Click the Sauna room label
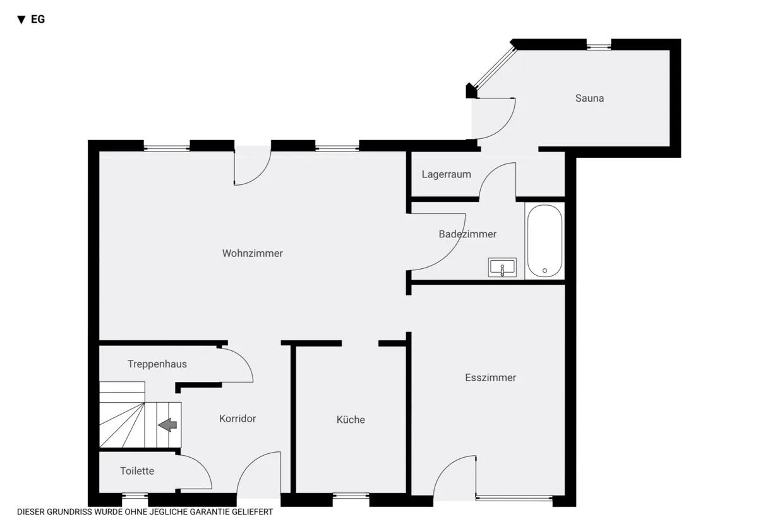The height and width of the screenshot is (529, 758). coord(589,98)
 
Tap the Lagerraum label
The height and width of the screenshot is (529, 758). coord(447,174)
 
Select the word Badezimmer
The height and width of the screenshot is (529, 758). coord(467,234)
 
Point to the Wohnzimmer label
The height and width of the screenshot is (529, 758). coord(253,253)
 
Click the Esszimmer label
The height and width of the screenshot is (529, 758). coord(490,377)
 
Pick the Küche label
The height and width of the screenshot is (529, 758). coord(351,419)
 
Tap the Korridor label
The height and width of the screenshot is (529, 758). coord(238,419)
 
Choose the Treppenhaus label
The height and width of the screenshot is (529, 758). coord(157,364)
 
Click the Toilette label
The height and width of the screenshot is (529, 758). coord(137,471)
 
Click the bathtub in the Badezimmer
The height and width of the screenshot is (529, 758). coord(544,241)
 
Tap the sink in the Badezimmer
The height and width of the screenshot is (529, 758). coord(502,267)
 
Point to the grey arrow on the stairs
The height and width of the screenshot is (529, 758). coord(167,425)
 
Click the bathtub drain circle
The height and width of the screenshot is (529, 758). coord(544,271)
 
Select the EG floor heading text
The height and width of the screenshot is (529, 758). coord(38,20)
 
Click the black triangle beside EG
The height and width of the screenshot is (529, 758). coord(21,20)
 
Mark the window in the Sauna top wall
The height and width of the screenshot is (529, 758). coord(599,46)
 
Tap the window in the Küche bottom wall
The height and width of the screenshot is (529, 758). coord(351,496)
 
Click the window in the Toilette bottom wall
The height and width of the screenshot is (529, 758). coord(135,496)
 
